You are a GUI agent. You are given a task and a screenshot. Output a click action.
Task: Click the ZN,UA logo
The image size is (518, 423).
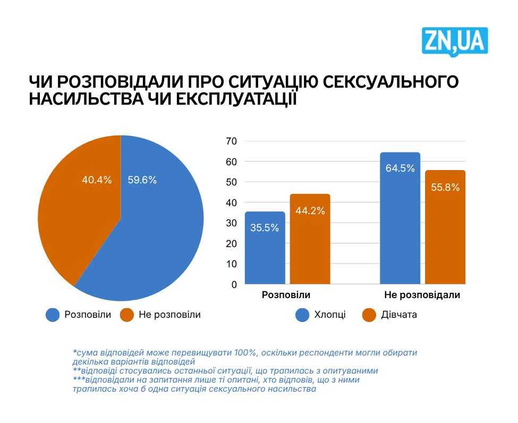tap(455, 41)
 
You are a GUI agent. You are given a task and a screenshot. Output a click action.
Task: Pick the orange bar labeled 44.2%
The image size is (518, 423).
tap(310, 239)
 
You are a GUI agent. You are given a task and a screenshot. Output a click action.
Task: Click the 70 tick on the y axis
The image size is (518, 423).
tap(232, 141)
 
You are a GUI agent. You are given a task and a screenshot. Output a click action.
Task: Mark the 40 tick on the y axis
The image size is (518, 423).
tap(232, 202)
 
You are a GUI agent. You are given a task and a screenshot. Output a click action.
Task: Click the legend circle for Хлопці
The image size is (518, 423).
tap(302, 315)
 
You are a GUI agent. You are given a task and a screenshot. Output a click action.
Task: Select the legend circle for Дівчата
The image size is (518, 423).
tap(369, 315)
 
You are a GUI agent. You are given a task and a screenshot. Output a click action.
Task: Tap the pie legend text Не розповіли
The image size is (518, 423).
tap(169, 315)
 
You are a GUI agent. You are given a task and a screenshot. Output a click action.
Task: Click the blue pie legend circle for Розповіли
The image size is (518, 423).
tap(53, 315)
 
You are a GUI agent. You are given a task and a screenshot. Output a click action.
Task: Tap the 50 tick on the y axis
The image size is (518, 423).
tap(232, 182)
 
